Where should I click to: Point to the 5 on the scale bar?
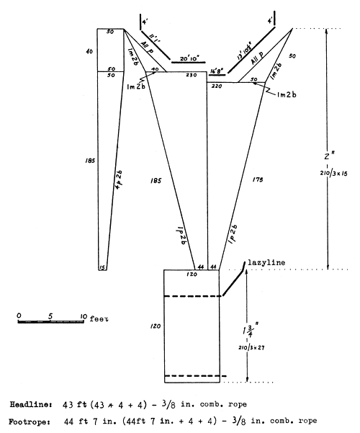coord(50,316)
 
